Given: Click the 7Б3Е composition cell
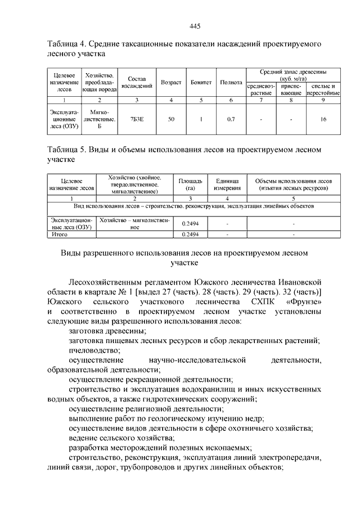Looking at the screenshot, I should pos(137,119).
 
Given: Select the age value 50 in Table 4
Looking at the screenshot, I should pos(171,119).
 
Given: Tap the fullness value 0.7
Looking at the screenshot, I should pos(231,119).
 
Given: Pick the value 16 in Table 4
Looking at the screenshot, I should pos(323,119).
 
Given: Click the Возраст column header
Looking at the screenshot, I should pos(171,82).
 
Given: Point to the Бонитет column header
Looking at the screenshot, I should pos(201,82).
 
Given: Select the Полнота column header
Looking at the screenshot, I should pos(231,82).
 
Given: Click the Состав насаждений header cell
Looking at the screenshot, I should pos(137,82).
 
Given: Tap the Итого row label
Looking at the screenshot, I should pos(60,234).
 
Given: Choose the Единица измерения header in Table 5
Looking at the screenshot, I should pos(227,185).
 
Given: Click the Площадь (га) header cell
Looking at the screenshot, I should pos(191,185).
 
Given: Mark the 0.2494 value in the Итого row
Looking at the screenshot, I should pos(191,234).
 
